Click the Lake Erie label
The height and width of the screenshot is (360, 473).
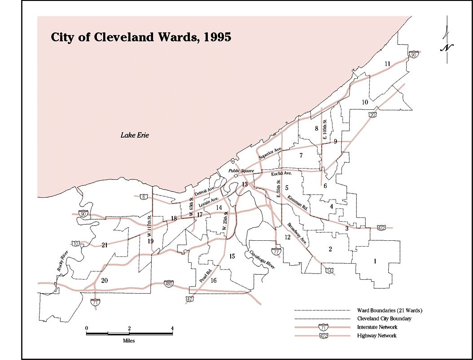(134, 135)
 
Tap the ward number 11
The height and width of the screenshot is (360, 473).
(387, 64)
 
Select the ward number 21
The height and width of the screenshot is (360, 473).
(105, 245)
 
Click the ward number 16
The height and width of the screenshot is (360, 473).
(214, 281)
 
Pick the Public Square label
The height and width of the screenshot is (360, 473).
(241, 171)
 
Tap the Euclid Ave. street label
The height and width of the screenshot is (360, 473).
(282, 173)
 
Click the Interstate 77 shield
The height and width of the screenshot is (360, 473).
(276, 252)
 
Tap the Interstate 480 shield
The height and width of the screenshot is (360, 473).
(169, 284)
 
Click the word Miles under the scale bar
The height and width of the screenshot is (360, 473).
(129, 341)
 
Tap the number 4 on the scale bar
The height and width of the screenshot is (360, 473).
(172, 328)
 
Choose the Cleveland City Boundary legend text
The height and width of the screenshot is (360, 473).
(384, 319)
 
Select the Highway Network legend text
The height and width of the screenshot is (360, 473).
(377, 336)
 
